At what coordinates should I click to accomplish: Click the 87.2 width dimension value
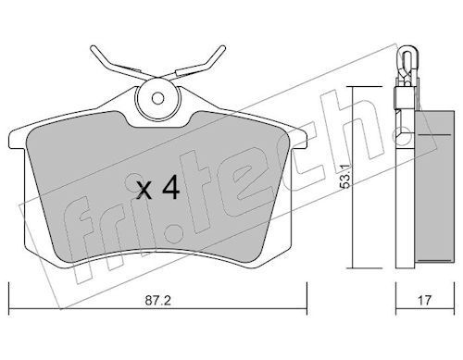tap(157, 301)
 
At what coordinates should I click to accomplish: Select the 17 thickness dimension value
tap(424, 301)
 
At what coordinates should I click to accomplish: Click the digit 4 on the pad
tap(171, 187)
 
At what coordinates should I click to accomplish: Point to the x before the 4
tap(144, 190)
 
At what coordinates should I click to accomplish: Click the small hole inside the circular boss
tap(157, 98)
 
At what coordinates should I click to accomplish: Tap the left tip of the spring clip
tap(93, 48)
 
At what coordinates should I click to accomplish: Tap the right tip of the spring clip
tap(223, 48)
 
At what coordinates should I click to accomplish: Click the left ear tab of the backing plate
tap(17, 139)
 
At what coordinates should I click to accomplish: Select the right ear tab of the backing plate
tap(299, 139)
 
